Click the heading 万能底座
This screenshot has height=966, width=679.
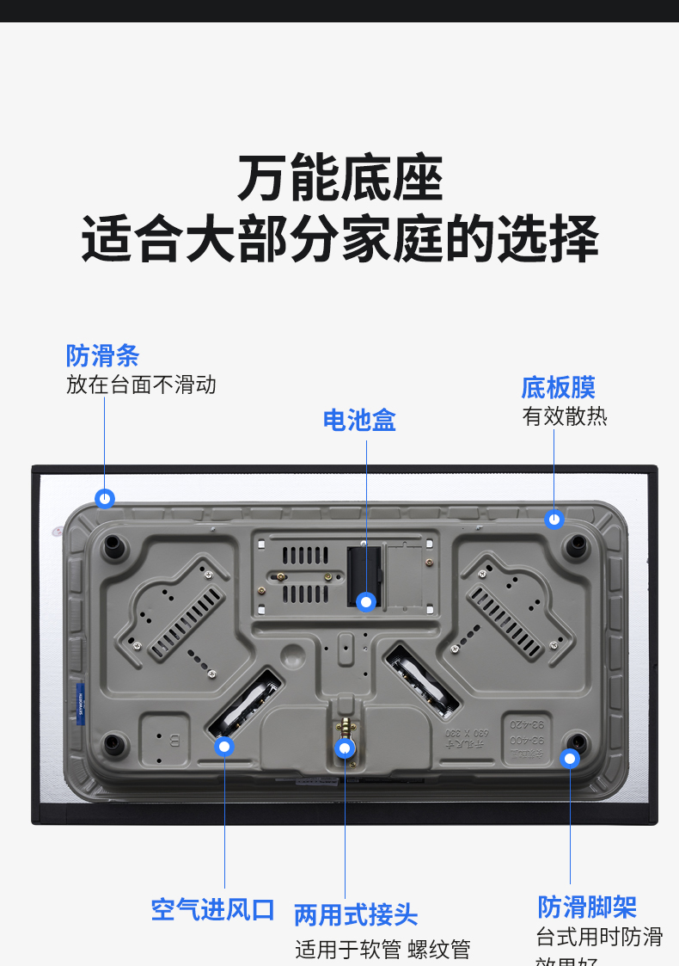pos(339,179)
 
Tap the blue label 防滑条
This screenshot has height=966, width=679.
pos(102,356)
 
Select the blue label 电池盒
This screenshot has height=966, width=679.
pos(359,421)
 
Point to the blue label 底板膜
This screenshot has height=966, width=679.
pos(558,388)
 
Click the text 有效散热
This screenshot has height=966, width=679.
pos(565,417)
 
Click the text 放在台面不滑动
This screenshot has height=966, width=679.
pos(141,385)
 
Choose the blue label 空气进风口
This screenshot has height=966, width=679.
pos(212,910)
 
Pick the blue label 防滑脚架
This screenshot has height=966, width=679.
pos(587,907)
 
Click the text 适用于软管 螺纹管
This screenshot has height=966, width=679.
pos(382,950)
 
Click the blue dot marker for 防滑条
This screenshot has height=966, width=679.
pos(105,498)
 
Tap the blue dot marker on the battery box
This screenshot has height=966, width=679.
pos(367,602)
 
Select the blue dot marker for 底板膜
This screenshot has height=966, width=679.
pos(554,520)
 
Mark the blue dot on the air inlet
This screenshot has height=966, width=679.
pos(224,746)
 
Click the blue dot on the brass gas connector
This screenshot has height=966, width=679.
pos(346,748)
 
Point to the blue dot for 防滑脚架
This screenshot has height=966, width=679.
pos(569,758)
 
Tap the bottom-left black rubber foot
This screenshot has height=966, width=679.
pos(112,742)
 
